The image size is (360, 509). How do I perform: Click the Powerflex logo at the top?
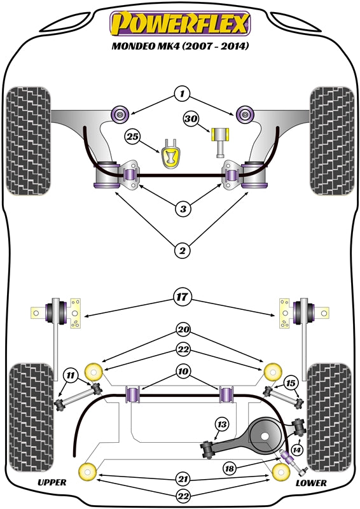[x=181, y=24]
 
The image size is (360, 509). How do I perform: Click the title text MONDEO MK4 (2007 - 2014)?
[x=180, y=46]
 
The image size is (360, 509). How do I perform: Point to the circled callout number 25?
[x=132, y=136]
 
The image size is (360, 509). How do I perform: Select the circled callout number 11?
[x=71, y=376]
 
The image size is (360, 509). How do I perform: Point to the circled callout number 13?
[x=221, y=424]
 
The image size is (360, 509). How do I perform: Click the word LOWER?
[x=311, y=483]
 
